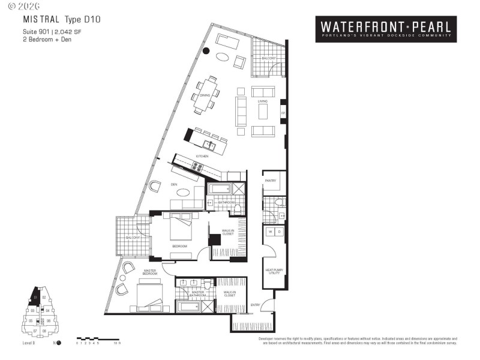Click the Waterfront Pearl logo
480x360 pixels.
[x=386, y=29]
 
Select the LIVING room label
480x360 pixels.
[x=263, y=101]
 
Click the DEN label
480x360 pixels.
[x=174, y=184]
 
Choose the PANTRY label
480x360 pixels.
[x=270, y=181]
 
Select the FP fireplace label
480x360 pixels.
[x=283, y=113]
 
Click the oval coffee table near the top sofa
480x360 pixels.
[x=222, y=58]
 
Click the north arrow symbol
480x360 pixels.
[x=59, y=343]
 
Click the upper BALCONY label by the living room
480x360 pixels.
[x=269, y=58]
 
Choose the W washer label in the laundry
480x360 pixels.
[x=271, y=231]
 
